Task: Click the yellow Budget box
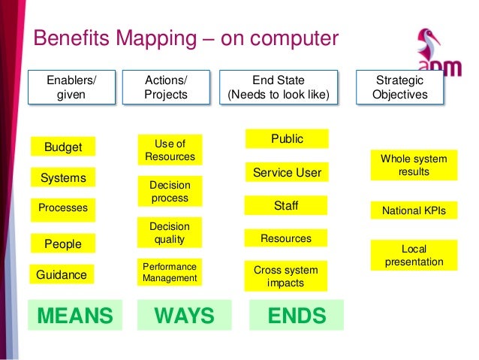(63, 147)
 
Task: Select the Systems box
(63, 178)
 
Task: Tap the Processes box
(63, 207)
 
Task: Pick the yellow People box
(63, 244)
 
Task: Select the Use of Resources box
(170, 150)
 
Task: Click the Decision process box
(170, 192)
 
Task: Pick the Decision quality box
(170, 233)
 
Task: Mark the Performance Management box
(170, 272)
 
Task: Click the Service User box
(287, 173)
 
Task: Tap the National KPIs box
(414, 211)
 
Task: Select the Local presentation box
(414, 256)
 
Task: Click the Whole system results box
(414, 165)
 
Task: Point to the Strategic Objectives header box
(410, 88)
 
